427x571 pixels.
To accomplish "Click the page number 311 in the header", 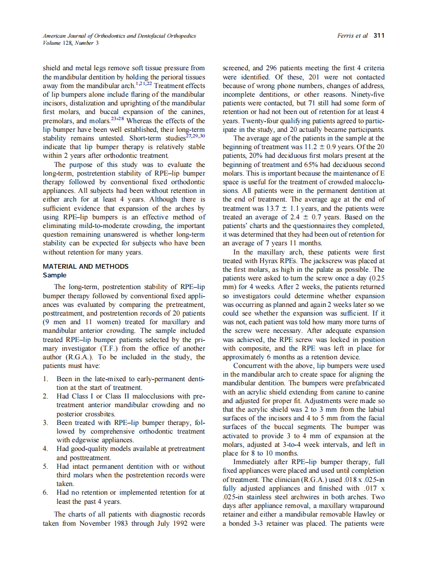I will tap(379, 36).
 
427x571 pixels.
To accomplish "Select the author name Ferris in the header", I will tap(346, 36).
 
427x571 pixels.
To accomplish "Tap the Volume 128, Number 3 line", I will tap(71, 43).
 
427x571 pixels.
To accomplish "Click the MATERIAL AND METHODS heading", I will tap(86, 266).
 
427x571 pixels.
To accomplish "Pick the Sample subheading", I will tap(55, 275).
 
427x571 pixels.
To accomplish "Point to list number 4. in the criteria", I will tap(45, 448).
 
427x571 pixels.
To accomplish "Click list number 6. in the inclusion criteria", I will tap(45, 492).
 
